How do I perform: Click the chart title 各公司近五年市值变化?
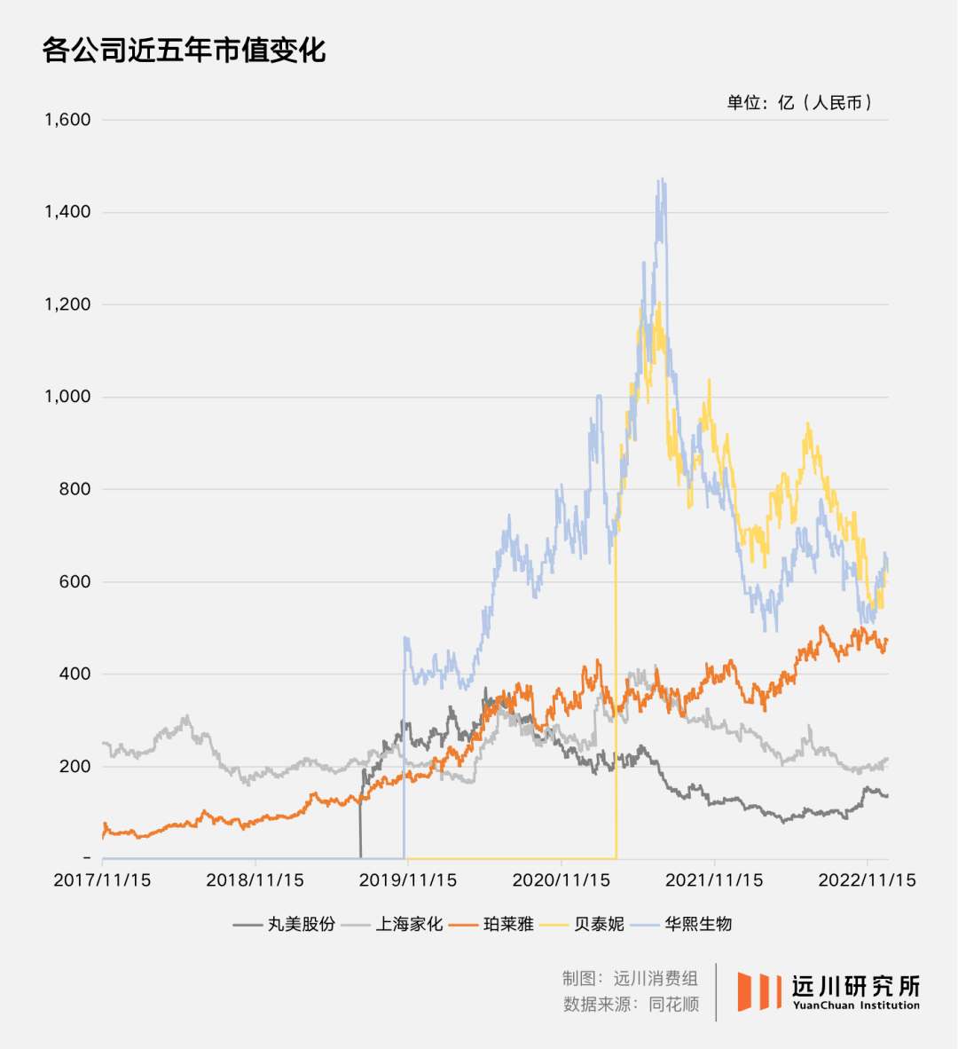click(x=185, y=51)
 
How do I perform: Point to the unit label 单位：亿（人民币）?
click(x=799, y=103)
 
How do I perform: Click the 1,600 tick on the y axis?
click(x=68, y=120)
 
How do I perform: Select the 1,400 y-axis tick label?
click(x=68, y=212)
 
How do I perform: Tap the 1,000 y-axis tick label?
click(x=68, y=397)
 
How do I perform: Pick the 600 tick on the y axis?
click(x=75, y=582)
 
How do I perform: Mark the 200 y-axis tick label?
click(x=75, y=767)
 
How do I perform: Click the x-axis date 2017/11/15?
click(x=102, y=880)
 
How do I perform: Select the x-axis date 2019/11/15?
click(x=408, y=880)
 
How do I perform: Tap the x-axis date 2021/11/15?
click(x=714, y=880)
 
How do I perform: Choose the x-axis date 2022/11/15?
click(x=867, y=880)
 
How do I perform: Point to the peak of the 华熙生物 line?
click(x=661, y=181)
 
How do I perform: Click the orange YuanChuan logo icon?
click(x=759, y=990)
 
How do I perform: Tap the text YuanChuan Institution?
click(x=855, y=1006)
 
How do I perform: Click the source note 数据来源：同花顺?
click(x=631, y=1005)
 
